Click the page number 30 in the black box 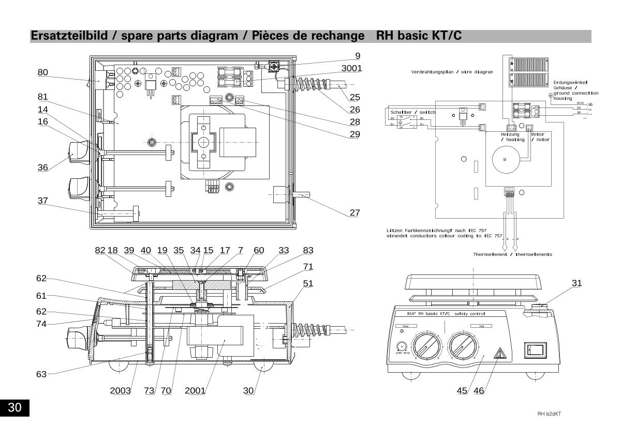point(14,407)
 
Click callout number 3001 point(351,68)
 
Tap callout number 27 point(354,212)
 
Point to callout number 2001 point(195,390)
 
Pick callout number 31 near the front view point(577,283)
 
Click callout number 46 point(479,390)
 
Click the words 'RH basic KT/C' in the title point(419,36)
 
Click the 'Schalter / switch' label point(413,112)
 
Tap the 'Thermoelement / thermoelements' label point(512,254)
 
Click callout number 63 point(41,374)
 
